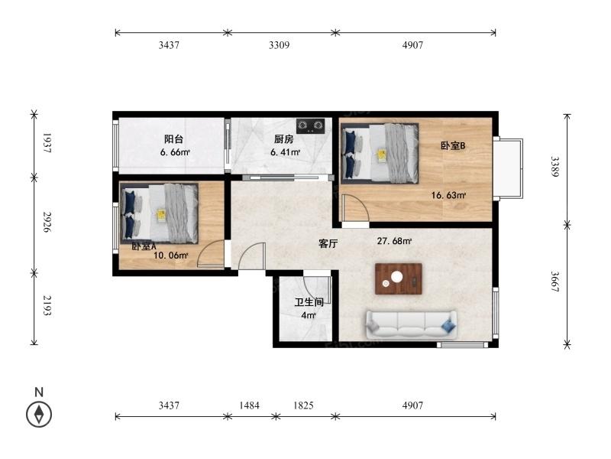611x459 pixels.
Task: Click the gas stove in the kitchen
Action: point(311,125)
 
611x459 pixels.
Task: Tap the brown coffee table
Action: point(398,278)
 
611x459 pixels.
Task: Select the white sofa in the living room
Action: point(411,324)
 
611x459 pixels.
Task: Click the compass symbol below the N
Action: point(39,414)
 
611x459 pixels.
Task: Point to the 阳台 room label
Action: point(173,139)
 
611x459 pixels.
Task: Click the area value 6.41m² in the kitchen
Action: point(285,152)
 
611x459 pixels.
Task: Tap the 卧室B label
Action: point(453,145)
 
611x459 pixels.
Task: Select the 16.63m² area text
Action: point(448,195)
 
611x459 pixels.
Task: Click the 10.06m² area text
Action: point(171,256)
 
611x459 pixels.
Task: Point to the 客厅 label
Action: point(328,243)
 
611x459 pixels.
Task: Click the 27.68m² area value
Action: point(394,241)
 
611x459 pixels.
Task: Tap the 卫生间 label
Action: point(309,302)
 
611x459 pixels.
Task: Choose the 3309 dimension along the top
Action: point(279,45)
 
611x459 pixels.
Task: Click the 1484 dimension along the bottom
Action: point(249,405)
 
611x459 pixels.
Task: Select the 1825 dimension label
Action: point(303,405)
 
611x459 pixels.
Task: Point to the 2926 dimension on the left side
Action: point(47,222)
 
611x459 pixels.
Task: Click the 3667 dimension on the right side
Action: point(555,282)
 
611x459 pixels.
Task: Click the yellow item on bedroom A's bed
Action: point(161,216)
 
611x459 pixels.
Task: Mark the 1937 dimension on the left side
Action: point(47,143)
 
